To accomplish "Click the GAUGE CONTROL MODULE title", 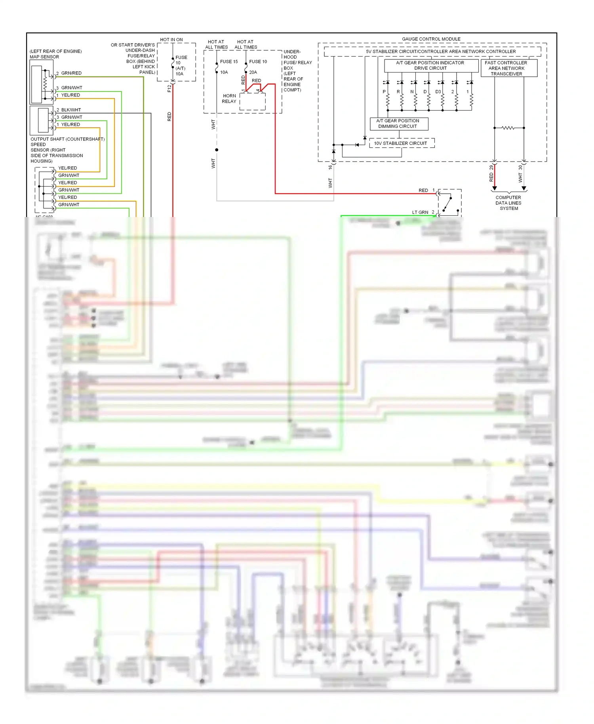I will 431,39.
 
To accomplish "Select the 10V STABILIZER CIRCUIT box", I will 400,143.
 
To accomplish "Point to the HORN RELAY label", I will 229,99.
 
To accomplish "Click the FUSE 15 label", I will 229,61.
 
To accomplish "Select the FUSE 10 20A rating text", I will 253,72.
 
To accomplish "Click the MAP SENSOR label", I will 44,57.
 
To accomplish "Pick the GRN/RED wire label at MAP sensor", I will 71,73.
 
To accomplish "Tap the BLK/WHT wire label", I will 71,110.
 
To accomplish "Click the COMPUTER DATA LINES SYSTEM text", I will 508,203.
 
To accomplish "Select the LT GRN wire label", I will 420,212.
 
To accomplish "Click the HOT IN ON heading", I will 171,40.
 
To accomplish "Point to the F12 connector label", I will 169,88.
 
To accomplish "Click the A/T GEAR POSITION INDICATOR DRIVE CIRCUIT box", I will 430,65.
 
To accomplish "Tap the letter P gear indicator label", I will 384,91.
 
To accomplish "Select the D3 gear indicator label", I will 438,91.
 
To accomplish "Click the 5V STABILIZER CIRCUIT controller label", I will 440,51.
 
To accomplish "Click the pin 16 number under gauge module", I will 330,167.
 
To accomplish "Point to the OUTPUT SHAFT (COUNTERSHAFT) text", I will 67,139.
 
